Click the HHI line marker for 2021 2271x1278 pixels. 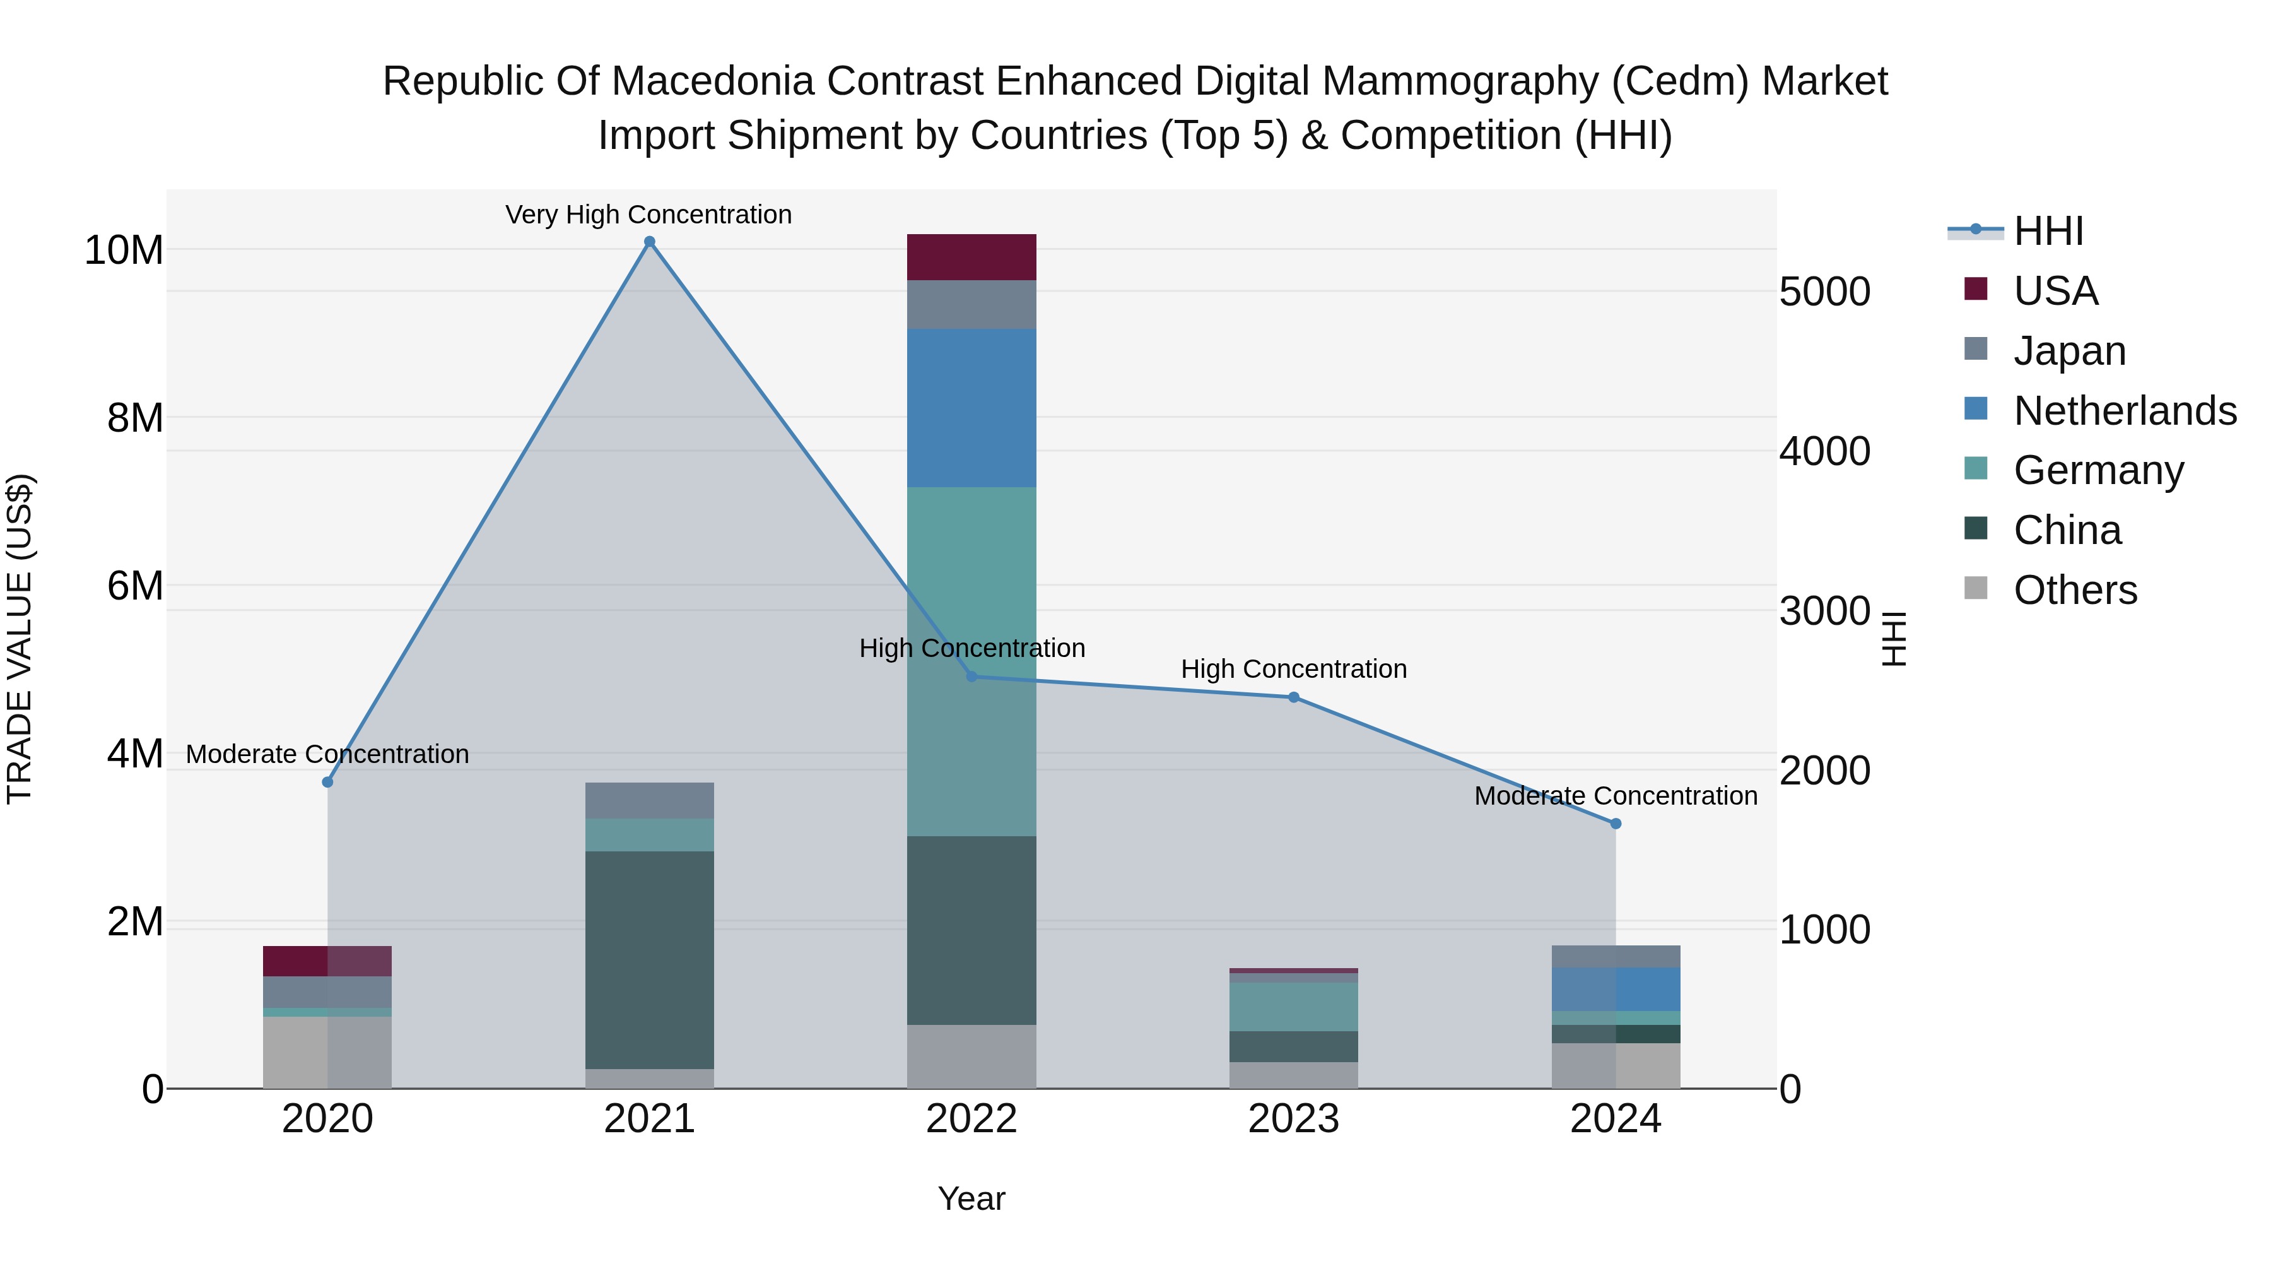point(650,242)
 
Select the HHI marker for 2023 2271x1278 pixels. point(1293,697)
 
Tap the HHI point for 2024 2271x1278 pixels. point(1615,824)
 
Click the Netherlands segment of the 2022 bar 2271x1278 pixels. point(971,408)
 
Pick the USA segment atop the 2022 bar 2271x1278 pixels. point(971,257)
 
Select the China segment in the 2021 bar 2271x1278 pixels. point(650,959)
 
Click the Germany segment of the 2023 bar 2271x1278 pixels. point(1293,1007)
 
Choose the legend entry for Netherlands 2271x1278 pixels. point(2125,411)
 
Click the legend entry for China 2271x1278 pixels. point(2067,530)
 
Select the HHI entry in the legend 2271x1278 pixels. point(2048,231)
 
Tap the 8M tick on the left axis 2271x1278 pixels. point(135,418)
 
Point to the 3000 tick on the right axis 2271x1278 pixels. point(1824,611)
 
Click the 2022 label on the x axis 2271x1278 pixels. point(971,1119)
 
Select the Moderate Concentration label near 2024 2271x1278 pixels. point(1615,796)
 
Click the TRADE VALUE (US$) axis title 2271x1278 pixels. point(20,639)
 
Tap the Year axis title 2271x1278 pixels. point(971,1198)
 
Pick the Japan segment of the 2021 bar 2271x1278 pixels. point(650,800)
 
